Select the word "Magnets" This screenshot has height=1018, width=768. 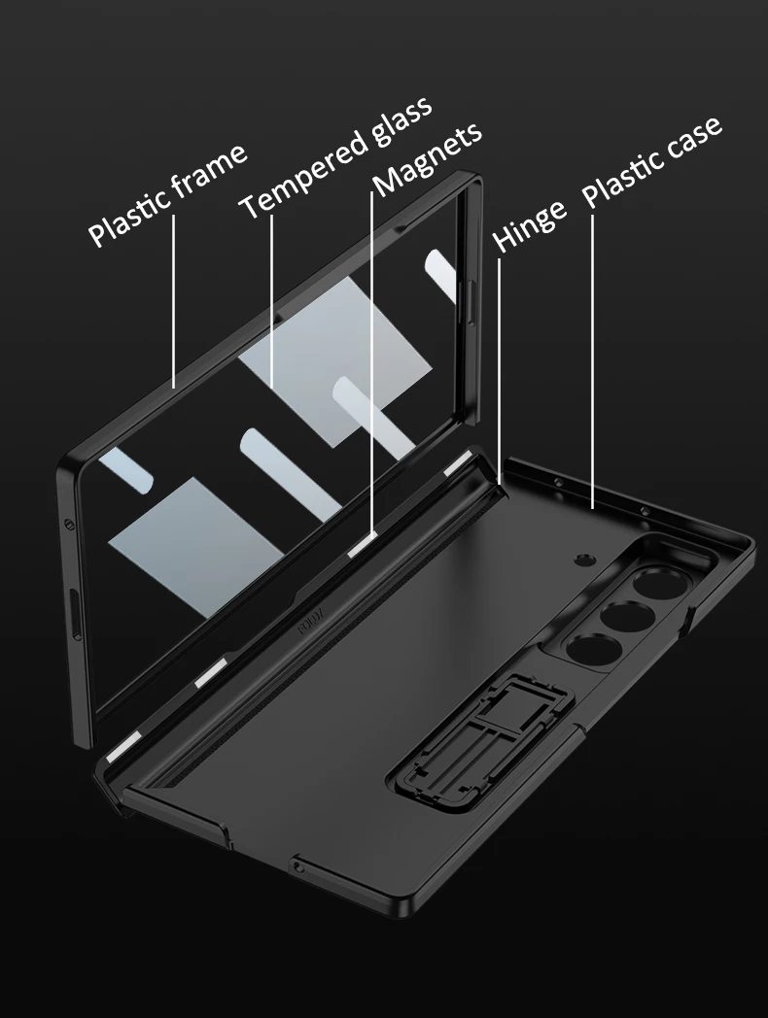[427, 159]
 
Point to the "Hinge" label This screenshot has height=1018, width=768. [529, 225]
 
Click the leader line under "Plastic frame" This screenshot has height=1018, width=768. [174, 301]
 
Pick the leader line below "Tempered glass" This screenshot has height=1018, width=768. [271, 302]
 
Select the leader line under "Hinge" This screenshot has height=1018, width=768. [499, 370]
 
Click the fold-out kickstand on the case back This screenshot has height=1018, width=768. [481, 741]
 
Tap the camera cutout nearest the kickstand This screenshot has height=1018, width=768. [591, 652]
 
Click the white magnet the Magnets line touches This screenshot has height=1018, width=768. [363, 547]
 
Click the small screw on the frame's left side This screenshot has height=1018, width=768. [67, 524]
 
